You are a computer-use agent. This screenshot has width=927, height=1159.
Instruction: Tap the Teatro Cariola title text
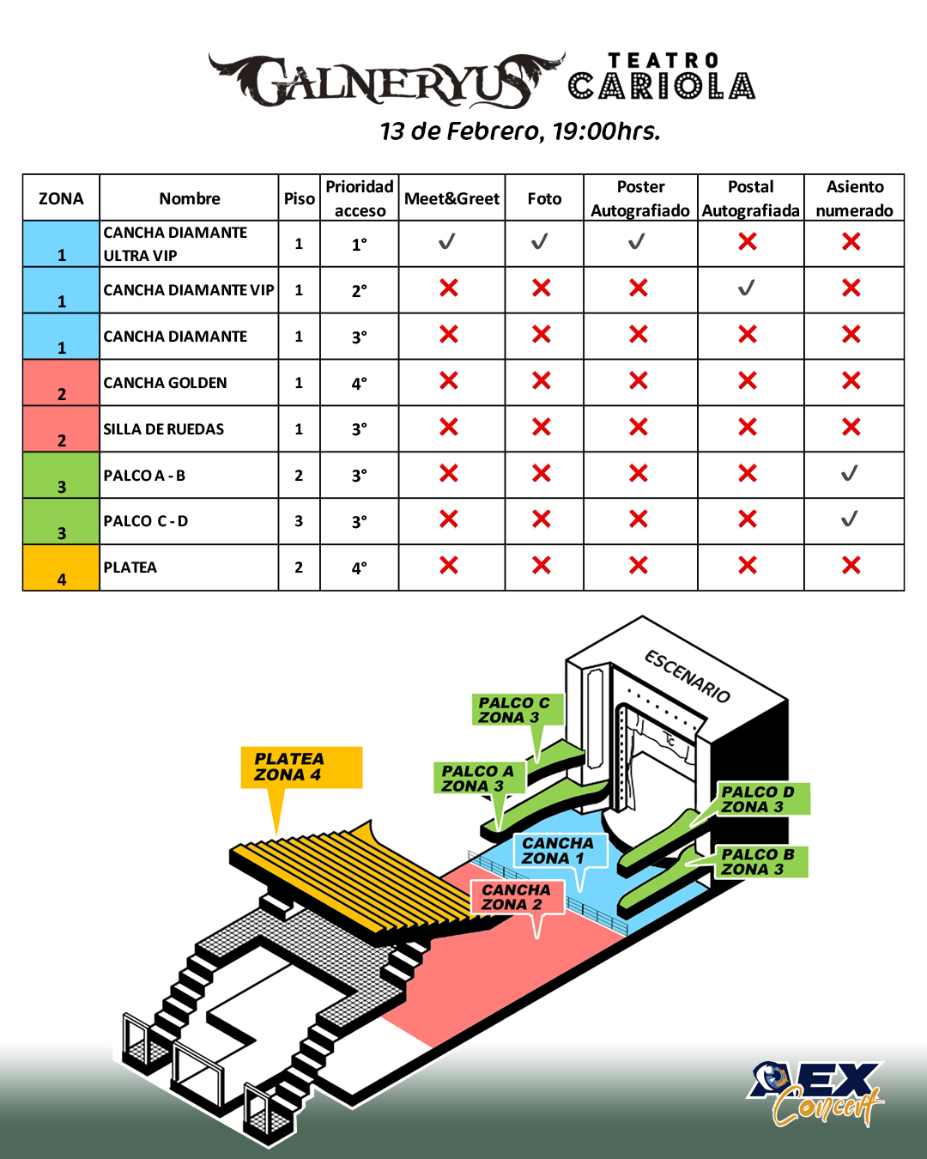662,77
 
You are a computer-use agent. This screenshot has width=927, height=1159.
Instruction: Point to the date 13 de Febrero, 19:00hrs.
520,131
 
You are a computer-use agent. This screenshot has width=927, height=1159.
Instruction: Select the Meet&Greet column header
451,198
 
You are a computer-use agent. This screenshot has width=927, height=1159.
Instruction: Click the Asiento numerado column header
854,198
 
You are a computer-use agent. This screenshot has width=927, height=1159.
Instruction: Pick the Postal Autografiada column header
750,198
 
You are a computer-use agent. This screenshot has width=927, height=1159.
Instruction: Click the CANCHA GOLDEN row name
166,383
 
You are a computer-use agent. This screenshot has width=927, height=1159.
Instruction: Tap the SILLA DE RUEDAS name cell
164,429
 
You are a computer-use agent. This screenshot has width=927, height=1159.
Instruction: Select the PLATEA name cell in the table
130,567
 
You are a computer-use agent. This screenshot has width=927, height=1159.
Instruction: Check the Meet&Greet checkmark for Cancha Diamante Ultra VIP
447,242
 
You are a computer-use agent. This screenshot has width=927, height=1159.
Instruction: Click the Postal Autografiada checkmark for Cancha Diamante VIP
747,288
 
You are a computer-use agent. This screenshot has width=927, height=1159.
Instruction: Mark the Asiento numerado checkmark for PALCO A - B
850,473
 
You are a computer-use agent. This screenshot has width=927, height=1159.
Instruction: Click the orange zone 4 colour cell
61,567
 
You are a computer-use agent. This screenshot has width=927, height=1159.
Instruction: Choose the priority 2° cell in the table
360,291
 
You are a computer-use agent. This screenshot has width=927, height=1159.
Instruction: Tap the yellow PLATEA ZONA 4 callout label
300,767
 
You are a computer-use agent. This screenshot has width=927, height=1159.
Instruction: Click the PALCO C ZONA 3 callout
517,710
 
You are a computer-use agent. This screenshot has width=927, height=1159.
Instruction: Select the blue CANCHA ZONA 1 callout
560,851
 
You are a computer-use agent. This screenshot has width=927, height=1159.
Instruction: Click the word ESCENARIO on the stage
688,677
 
